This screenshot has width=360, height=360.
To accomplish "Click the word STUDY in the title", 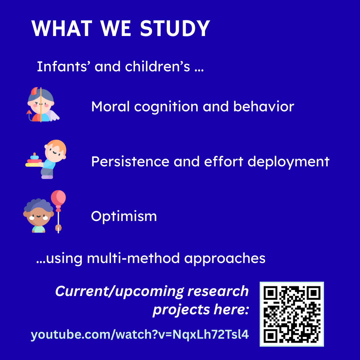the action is click(175, 28).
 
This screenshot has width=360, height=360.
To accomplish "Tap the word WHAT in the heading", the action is click(62, 28).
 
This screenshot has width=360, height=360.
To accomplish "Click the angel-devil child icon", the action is click(43, 105).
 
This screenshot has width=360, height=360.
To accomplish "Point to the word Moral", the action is click(110, 107).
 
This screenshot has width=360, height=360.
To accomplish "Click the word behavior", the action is click(264, 106).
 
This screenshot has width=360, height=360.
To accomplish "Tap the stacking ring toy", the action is click(34, 160).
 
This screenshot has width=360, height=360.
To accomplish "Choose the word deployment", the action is click(288, 162).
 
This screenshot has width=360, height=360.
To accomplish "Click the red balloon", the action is click(58, 198).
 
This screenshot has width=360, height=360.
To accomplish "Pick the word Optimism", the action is click(124, 217).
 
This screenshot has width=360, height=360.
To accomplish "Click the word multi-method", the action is click(133, 258).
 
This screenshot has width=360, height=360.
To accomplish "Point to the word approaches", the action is click(225, 259).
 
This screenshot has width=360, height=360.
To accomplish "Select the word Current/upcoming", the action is click(119, 292).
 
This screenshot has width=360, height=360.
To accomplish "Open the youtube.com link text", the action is click(140, 334).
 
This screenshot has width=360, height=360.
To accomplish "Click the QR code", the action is click(292, 314).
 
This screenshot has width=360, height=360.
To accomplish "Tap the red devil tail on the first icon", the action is click(29, 116).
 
